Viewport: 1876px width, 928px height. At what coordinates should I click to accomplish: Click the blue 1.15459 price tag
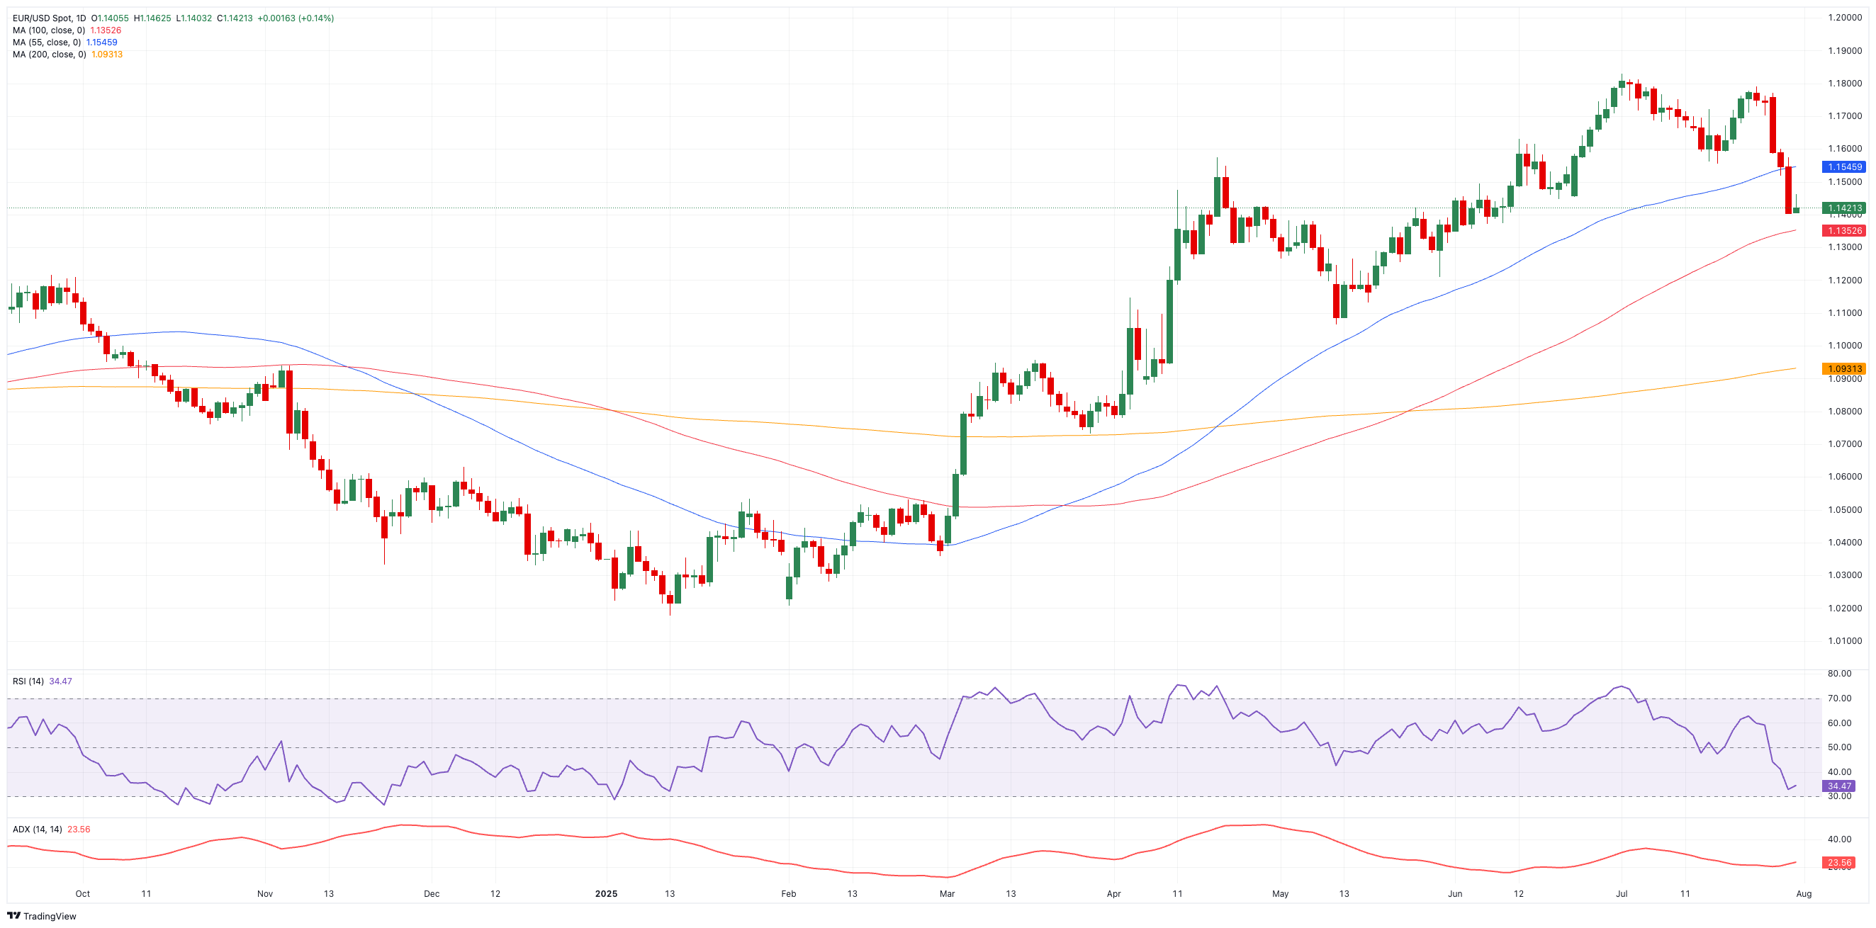pos(1844,166)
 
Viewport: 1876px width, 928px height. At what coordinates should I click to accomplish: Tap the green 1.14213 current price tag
pos(1844,208)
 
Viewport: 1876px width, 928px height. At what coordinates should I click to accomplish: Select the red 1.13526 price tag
pos(1844,231)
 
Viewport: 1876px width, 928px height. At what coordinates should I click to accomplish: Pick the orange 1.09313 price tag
pos(1844,369)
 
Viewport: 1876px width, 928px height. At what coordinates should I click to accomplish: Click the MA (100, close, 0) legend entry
pos(49,30)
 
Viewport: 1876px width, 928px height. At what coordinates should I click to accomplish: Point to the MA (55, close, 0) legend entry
pos(47,43)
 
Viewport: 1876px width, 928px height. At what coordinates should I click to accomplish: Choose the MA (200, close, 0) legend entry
pos(49,55)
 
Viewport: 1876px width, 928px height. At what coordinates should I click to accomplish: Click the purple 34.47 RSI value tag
pos(1839,786)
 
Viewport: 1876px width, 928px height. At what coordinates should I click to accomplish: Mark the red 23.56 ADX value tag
pos(1839,863)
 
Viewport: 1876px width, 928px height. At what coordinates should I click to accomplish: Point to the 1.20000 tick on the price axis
pos(1845,18)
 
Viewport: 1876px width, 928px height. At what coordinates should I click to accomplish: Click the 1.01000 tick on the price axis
pos(1845,641)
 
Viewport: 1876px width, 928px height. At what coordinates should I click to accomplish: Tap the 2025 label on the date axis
pos(606,894)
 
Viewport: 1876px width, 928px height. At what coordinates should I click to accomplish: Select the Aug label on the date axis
pos(1804,894)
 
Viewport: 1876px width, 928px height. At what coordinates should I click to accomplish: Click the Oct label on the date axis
pos(82,894)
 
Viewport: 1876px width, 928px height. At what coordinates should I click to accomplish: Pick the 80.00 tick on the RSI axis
pos(1840,674)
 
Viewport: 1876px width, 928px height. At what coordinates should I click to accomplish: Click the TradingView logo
pos(42,917)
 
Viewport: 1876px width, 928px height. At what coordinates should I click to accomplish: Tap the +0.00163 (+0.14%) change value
pos(296,18)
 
